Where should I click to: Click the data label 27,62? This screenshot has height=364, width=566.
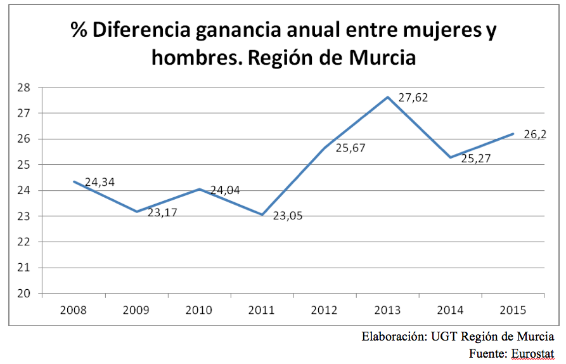coord(413,98)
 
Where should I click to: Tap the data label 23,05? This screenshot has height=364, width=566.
coord(288,216)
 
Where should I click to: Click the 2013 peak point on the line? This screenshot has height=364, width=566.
coord(388,97)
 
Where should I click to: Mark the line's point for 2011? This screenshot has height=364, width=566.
coord(262,215)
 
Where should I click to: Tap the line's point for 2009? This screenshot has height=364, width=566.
coord(136,212)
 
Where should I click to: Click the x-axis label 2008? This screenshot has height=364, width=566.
coord(73,310)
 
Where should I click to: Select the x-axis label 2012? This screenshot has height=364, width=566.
coord(325,310)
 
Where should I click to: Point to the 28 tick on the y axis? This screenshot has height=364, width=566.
coord(25,88)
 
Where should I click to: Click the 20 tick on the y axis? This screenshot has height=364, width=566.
coord(25,294)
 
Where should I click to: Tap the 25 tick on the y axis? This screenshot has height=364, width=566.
coord(25,165)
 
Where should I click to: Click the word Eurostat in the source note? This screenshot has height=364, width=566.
coord(531,353)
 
